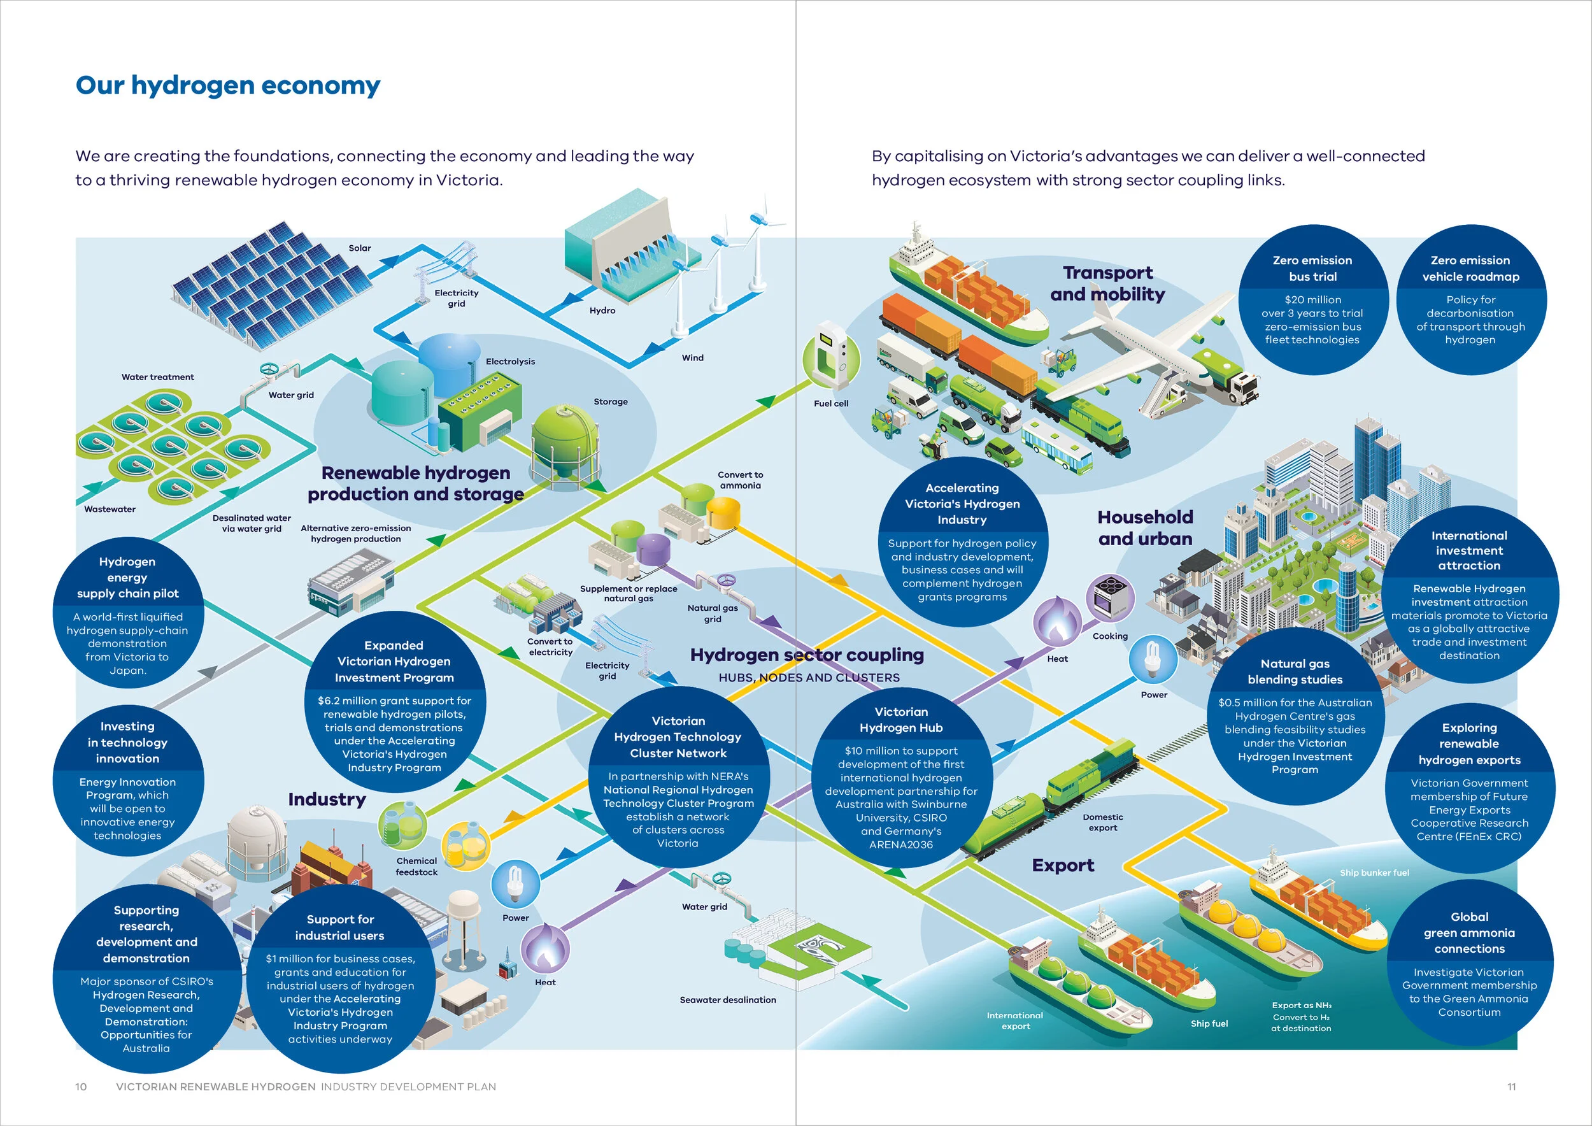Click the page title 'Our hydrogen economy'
coord(227,86)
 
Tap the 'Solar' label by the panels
coord(360,248)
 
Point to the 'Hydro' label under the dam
coord(602,311)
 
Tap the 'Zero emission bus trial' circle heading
coord(1312,268)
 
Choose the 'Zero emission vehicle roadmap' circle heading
coord(1470,268)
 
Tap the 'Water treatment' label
coord(157,377)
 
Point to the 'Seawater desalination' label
coord(728,1000)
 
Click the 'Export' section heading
coord(1063,866)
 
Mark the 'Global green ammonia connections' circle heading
coord(1469,932)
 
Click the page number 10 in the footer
coord(81,1087)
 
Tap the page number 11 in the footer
coord(1512,1087)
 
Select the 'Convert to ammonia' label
coord(741,480)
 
